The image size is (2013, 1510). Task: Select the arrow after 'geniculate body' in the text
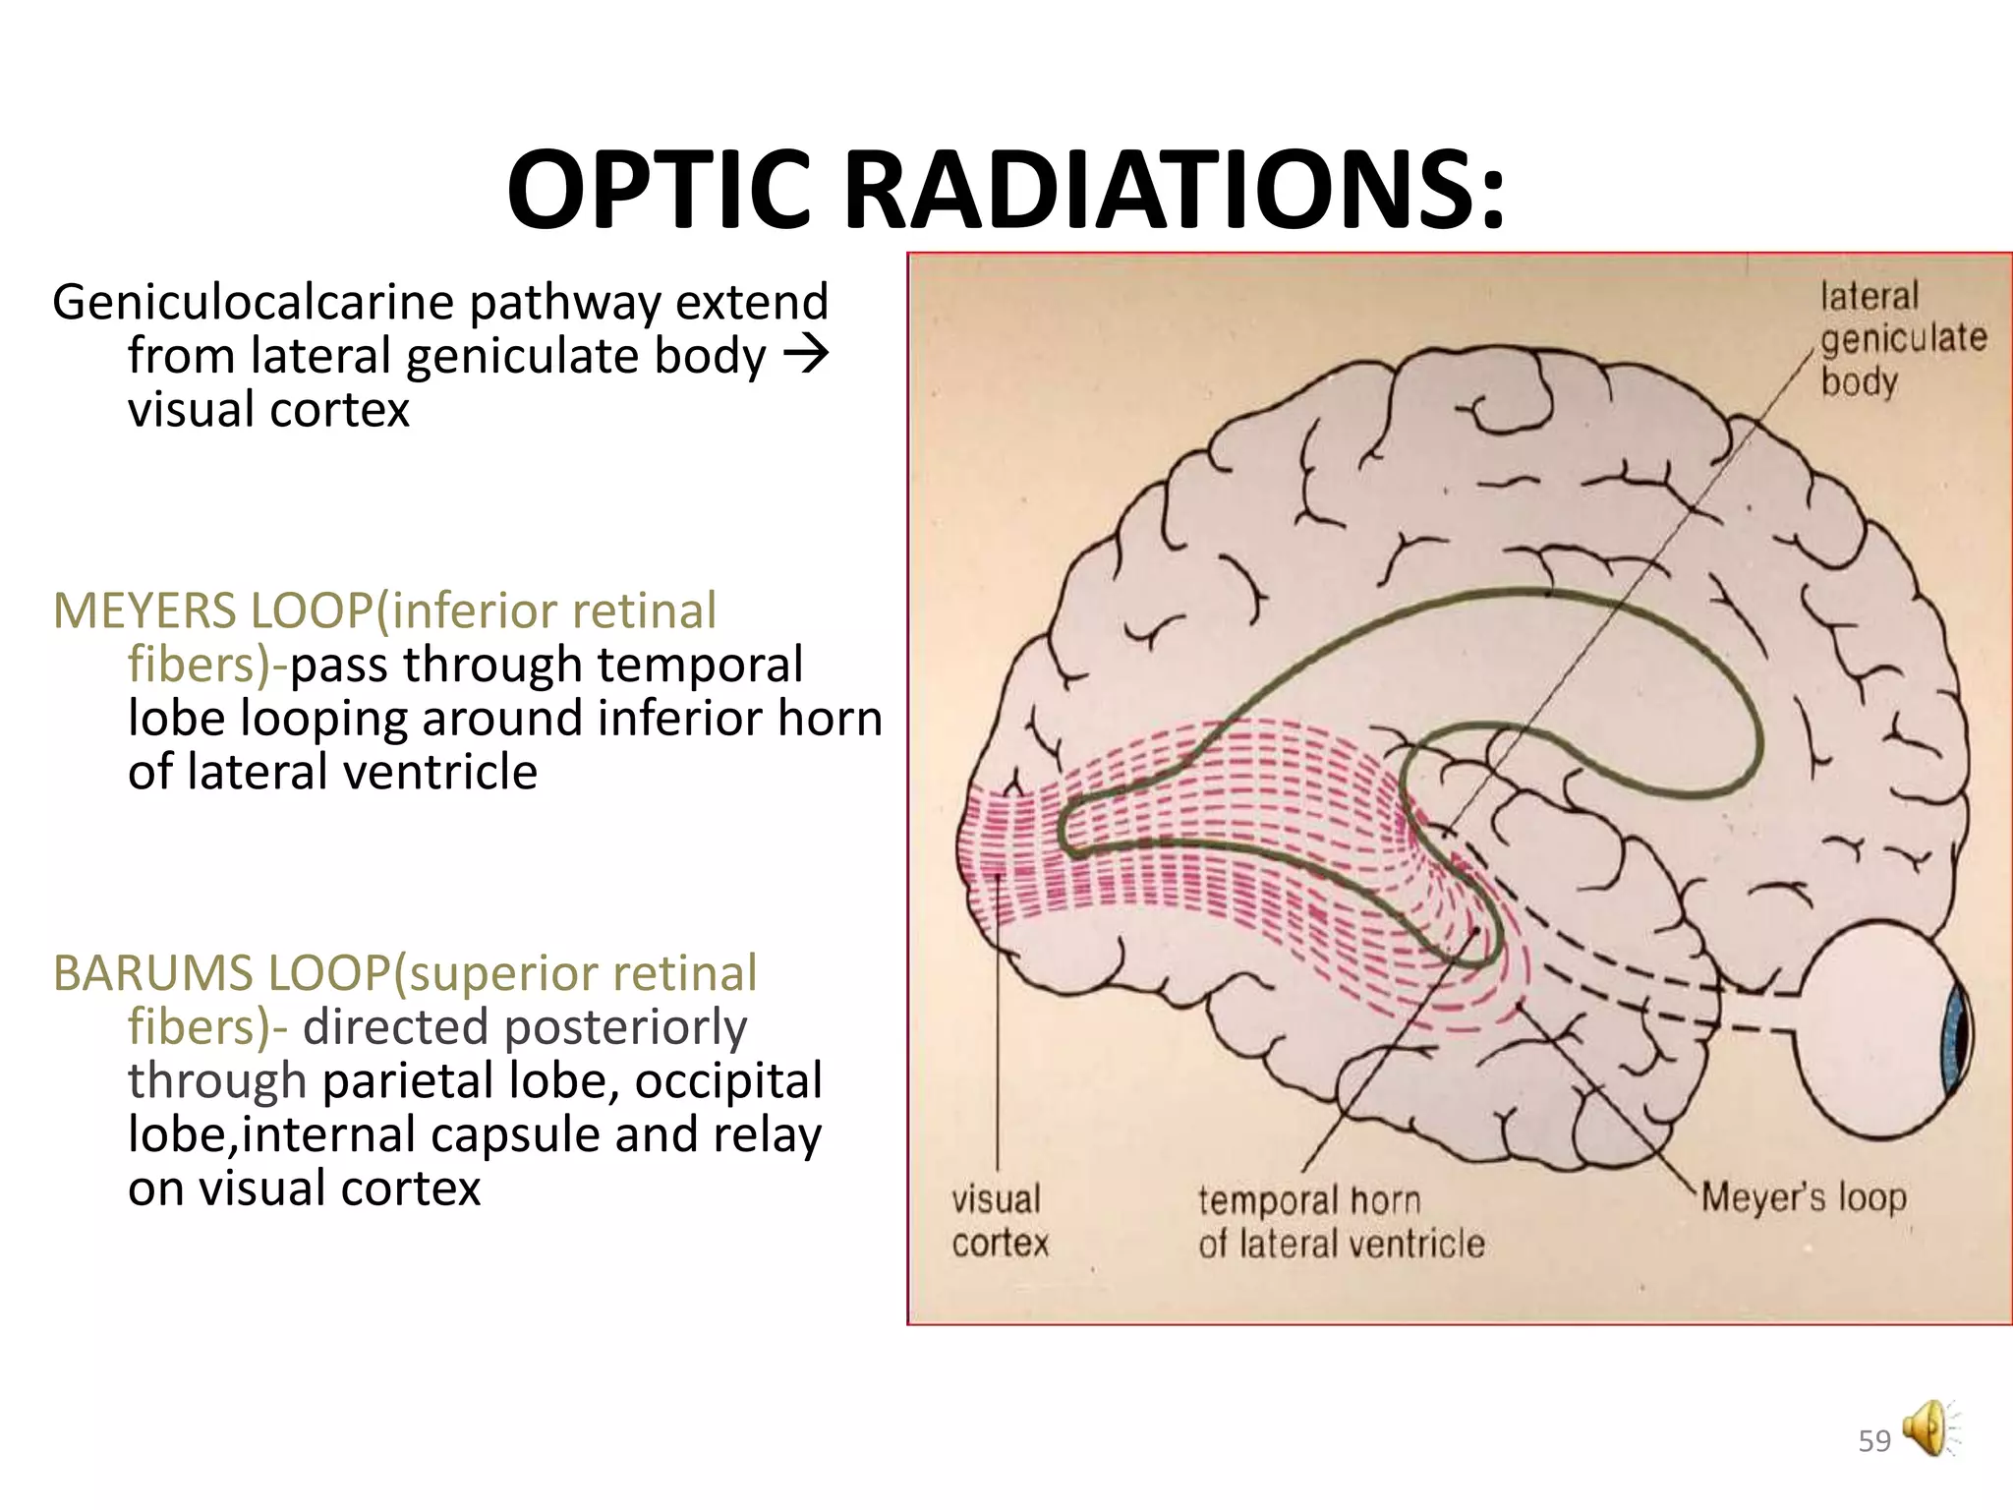pyautogui.click(x=807, y=355)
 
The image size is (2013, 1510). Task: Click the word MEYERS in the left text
pyautogui.click(x=145, y=610)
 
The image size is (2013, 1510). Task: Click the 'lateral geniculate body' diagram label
pyautogui.click(x=1901, y=339)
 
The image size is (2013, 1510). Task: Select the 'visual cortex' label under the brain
pyautogui.click(x=999, y=1221)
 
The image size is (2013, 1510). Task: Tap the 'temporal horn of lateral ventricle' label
pyautogui.click(x=1341, y=1222)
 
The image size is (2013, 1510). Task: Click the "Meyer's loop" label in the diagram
pyautogui.click(x=1803, y=1197)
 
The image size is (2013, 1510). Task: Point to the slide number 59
pyautogui.click(x=1874, y=1441)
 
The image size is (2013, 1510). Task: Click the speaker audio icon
pyautogui.click(x=1928, y=1428)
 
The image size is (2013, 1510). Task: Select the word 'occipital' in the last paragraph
pyautogui.click(x=727, y=1080)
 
